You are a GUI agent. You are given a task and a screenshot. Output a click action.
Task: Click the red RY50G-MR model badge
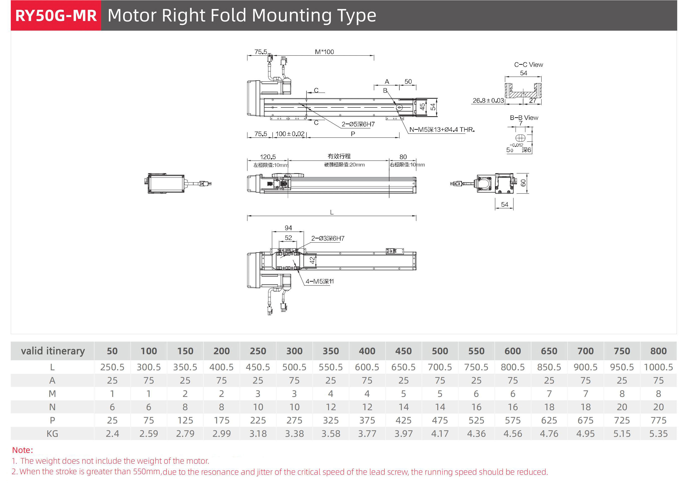pyautogui.click(x=56, y=16)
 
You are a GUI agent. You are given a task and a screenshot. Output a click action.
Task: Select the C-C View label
pyautogui.click(x=528, y=65)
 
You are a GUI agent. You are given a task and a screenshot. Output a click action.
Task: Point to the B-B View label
pyautogui.click(x=524, y=117)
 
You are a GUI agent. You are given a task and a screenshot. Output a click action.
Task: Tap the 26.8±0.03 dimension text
pyautogui.click(x=488, y=101)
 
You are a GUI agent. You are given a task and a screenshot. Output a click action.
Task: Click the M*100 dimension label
pyautogui.click(x=324, y=52)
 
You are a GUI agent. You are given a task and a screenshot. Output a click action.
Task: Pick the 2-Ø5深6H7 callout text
pyautogui.click(x=358, y=124)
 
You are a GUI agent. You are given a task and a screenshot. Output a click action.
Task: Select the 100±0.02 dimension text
pyautogui.click(x=290, y=134)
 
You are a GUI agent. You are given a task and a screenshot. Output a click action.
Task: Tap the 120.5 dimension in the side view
pyautogui.click(x=268, y=157)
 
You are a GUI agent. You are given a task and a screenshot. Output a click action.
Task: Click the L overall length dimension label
pyautogui.click(x=332, y=212)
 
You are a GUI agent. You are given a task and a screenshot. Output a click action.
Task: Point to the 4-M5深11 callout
pyautogui.click(x=319, y=281)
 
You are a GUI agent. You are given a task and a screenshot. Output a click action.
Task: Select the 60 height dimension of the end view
pyautogui.click(x=523, y=183)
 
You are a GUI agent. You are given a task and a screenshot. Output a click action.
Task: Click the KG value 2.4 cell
pyautogui.click(x=112, y=434)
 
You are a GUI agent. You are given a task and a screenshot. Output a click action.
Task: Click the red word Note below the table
pyautogui.click(x=22, y=450)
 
